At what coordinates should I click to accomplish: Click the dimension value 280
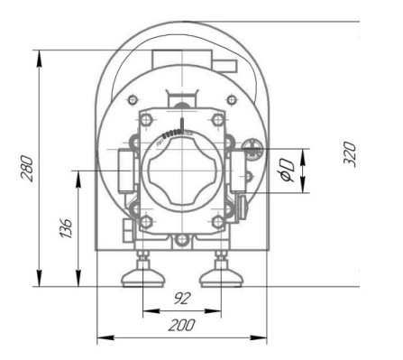click(27, 169)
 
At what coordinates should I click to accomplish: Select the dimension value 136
click(67, 228)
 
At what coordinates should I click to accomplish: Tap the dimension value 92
click(182, 299)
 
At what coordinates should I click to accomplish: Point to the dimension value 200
click(181, 325)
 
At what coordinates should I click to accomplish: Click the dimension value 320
click(350, 154)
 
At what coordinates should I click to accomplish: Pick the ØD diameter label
click(287, 171)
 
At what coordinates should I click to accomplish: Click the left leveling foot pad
click(143, 278)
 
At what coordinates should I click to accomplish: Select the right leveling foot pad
click(221, 278)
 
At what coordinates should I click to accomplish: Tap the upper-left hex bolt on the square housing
click(146, 119)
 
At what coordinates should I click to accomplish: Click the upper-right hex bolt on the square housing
click(217, 119)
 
